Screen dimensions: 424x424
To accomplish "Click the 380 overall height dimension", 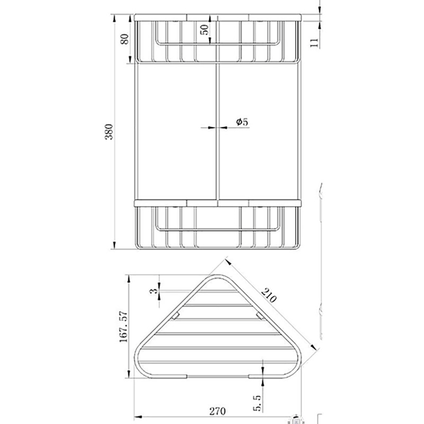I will (x=109, y=132).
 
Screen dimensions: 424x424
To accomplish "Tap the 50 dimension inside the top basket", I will (x=204, y=30).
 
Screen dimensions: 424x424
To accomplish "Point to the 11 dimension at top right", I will (x=314, y=42).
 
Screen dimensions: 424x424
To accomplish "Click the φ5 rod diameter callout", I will (x=242, y=122).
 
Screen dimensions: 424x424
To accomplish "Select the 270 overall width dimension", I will (x=217, y=411).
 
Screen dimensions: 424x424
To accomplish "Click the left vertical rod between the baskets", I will (x=135, y=131).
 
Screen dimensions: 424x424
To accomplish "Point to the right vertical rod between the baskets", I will (x=299, y=131).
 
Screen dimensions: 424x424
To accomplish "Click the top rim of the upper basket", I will (x=218, y=17).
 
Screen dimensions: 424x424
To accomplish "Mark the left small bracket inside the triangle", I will (x=175, y=316).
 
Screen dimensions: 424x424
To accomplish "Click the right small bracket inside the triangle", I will (x=259, y=316).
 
